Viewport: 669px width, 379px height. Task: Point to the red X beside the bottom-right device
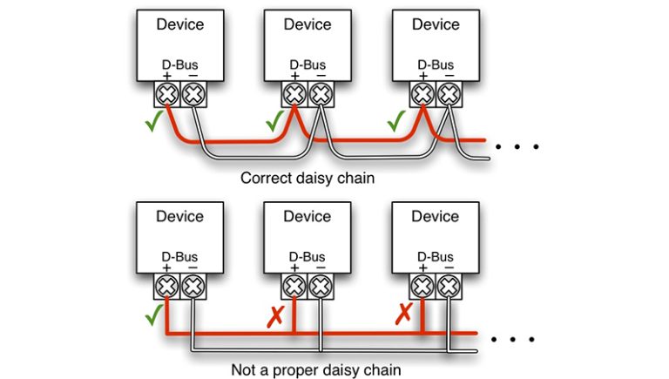(x=402, y=313)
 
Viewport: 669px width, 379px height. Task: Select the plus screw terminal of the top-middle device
(x=294, y=93)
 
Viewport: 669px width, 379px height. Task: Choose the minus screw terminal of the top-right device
(x=448, y=93)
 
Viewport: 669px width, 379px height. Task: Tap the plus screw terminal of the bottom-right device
(x=422, y=285)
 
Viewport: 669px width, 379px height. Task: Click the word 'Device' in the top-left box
(x=179, y=24)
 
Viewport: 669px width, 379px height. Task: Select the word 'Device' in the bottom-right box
(x=436, y=216)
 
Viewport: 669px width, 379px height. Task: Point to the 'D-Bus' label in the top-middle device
(x=307, y=64)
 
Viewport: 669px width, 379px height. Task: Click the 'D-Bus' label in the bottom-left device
(x=179, y=256)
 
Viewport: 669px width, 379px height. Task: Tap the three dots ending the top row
(x=517, y=146)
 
